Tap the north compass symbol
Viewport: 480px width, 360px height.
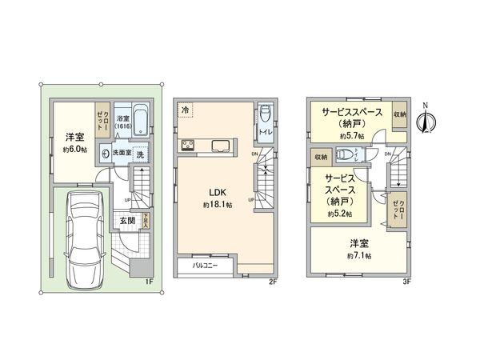[x=427, y=119]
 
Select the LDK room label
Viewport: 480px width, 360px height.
[x=218, y=193]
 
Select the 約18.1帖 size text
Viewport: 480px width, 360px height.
[x=218, y=205]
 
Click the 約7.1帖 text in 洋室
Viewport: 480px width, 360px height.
[x=358, y=255]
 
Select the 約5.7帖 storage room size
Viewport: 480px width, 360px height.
[x=352, y=137]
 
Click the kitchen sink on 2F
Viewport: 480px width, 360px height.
[x=219, y=146]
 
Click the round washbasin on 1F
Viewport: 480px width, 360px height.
[x=105, y=154]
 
